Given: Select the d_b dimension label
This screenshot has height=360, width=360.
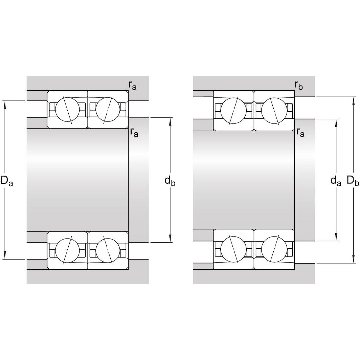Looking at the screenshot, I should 170,181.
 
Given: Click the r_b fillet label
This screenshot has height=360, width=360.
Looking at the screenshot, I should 299,86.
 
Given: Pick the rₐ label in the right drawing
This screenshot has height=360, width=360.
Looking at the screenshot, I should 300,132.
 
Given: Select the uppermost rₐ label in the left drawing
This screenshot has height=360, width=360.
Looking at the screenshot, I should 133,86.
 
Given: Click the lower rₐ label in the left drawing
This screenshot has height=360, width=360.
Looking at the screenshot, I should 134,132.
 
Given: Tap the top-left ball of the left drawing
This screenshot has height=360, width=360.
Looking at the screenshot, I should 67,109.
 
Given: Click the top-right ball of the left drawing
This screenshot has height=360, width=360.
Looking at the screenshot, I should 108,109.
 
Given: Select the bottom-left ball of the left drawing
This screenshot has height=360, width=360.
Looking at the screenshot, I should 67,250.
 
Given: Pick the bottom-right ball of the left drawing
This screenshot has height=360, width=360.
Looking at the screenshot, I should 108,250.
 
